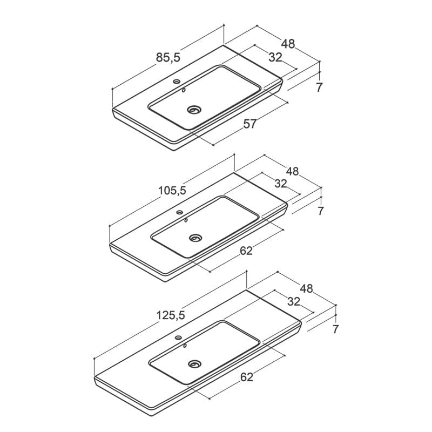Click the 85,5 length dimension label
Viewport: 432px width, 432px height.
(168, 58)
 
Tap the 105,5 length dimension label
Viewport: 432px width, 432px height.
(172, 191)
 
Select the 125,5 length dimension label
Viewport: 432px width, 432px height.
(171, 315)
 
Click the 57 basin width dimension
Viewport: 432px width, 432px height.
(250, 124)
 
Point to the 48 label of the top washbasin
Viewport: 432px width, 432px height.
(288, 44)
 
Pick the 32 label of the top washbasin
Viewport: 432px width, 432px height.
(275, 57)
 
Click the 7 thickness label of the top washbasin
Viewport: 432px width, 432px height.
(319, 87)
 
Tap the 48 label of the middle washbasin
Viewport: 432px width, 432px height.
(292, 171)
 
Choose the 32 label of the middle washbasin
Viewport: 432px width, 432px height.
(281, 184)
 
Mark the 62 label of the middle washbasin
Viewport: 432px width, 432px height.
(246, 251)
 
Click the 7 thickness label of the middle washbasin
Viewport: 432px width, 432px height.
(320, 211)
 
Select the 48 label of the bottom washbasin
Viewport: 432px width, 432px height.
(307, 288)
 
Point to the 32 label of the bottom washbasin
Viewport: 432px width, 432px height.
(293, 301)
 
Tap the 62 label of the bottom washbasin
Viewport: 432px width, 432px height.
(247, 377)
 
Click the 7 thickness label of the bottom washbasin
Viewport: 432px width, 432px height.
(335, 329)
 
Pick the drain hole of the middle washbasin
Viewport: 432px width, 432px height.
(195, 237)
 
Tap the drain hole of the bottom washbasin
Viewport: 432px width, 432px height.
(195, 363)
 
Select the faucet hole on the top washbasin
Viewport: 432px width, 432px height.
(177, 82)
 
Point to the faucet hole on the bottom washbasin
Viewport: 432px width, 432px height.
(179, 337)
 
